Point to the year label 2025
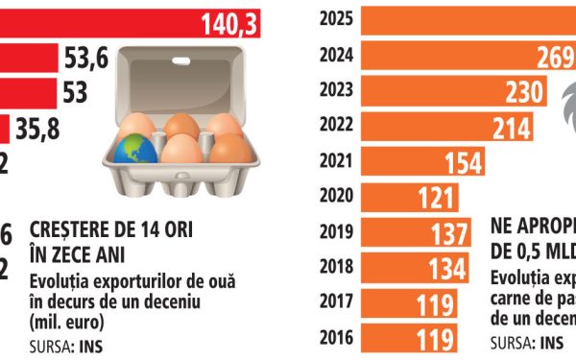tap(337, 17)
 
